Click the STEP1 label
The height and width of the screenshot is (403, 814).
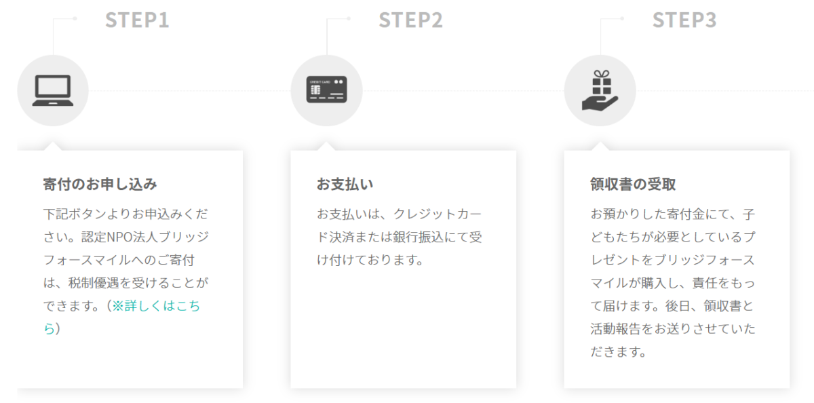click(137, 20)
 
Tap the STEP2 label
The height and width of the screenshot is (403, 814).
click(410, 20)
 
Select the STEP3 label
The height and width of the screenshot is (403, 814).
click(684, 20)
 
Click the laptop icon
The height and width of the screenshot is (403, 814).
click(53, 91)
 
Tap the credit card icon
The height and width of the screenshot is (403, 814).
click(326, 90)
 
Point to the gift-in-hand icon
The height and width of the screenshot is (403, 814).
click(600, 91)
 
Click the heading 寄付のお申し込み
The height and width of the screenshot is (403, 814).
click(100, 184)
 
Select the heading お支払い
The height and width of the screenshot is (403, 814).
click(345, 184)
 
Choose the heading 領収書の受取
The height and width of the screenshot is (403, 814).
click(633, 184)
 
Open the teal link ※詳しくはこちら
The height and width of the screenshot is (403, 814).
click(157, 306)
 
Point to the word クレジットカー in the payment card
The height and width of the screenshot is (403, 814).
click(440, 214)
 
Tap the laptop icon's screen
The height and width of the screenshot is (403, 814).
click(53, 87)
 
